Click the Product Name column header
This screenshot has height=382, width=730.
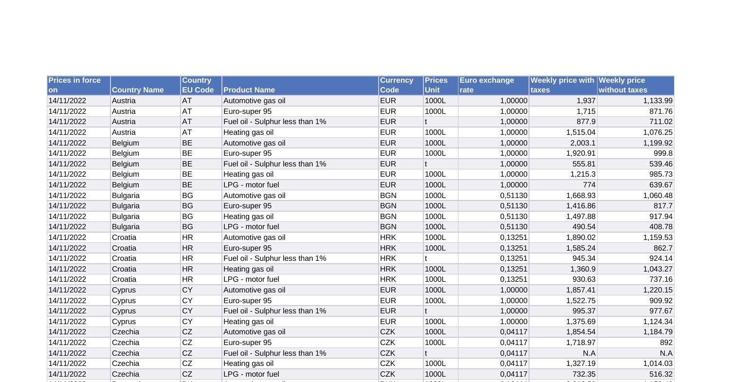pyautogui.click(x=249, y=90)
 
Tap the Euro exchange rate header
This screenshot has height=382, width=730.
pyautogui.click(x=487, y=85)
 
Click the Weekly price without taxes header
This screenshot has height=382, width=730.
pyautogui.click(x=623, y=85)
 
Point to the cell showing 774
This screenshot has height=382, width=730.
pyautogui.click(x=589, y=185)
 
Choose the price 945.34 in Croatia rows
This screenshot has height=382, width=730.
pyautogui.click(x=584, y=258)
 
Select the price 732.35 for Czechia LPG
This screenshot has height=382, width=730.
pyautogui.click(x=584, y=374)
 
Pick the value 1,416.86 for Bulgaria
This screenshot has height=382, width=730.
pyautogui.click(x=581, y=206)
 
